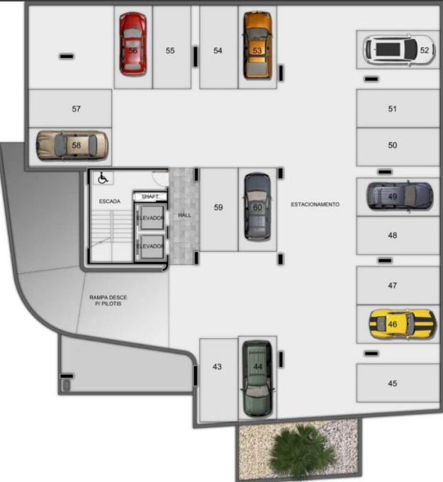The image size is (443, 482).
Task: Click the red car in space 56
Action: [x=133, y=44]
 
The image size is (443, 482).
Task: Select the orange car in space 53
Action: [x=257, y=45]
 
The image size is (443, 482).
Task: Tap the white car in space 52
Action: [x=399, y=50]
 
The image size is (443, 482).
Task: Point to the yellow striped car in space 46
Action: [x=403, y=324]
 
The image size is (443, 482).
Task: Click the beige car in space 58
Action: [x=72, y=145]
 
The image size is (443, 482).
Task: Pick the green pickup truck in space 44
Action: [x=257, y=379]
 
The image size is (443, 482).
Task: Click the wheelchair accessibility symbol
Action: [x=103, y=178]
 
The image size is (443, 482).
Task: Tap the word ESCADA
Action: [x=110, y=201]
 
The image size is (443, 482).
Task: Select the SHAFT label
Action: [x=150, y=196]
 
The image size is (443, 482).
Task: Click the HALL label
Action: [x=184, y=215]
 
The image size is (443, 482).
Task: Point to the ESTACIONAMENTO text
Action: [x=315, y=204]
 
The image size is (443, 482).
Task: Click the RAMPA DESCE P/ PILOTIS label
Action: [x=108, y=301]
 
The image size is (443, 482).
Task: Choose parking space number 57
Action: [x=70, y=108]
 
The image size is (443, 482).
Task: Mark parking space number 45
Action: [x=398, y=383]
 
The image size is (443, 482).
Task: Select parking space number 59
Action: [x=218, y=209]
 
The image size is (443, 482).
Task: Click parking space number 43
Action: [x=218, y=380]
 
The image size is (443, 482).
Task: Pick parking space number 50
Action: [x=398, y=147]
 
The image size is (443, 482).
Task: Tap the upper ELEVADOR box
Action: [x=150, y=218]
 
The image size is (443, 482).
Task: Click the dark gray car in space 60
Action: [x=257, y=206]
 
